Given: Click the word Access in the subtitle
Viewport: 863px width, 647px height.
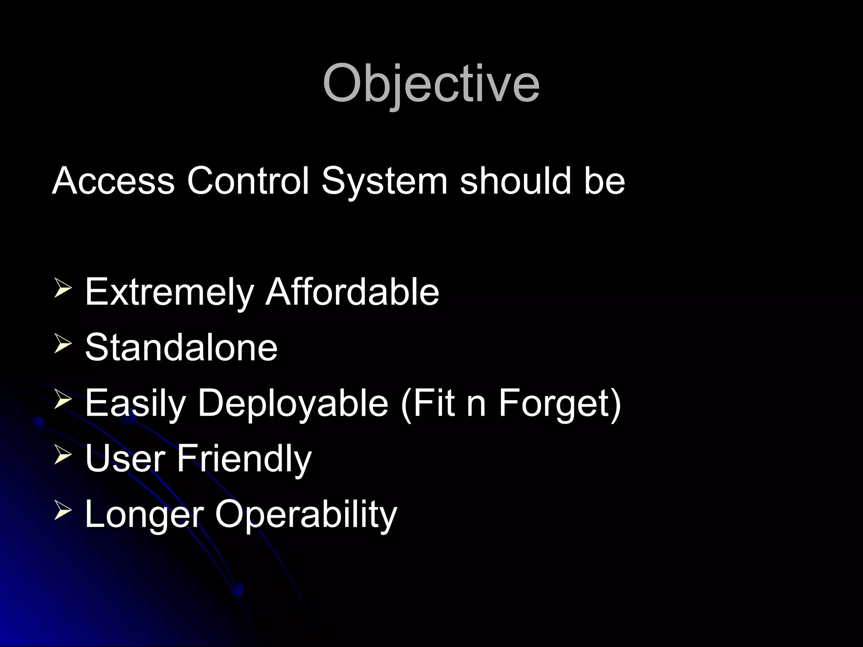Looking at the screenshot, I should pyautogui.click(x=113, y=181).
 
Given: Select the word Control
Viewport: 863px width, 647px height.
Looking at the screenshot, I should pyautogui.click(x=248, y=181).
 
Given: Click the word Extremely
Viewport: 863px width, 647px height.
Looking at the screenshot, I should pyautogui.click(x=169, y=292).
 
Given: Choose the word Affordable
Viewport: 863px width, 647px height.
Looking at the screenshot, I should pyautogui.click(x=352, y=291).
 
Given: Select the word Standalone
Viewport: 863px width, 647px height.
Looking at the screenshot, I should pyautogui.click(x=181, y=347).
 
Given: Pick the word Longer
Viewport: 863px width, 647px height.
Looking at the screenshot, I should pyautogui.click(x=144, y=515).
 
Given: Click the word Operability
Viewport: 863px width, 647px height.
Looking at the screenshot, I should pyautogui.click(x=306, y=515).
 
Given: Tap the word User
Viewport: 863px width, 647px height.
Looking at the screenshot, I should pyautogui.click(x=125, y=458).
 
